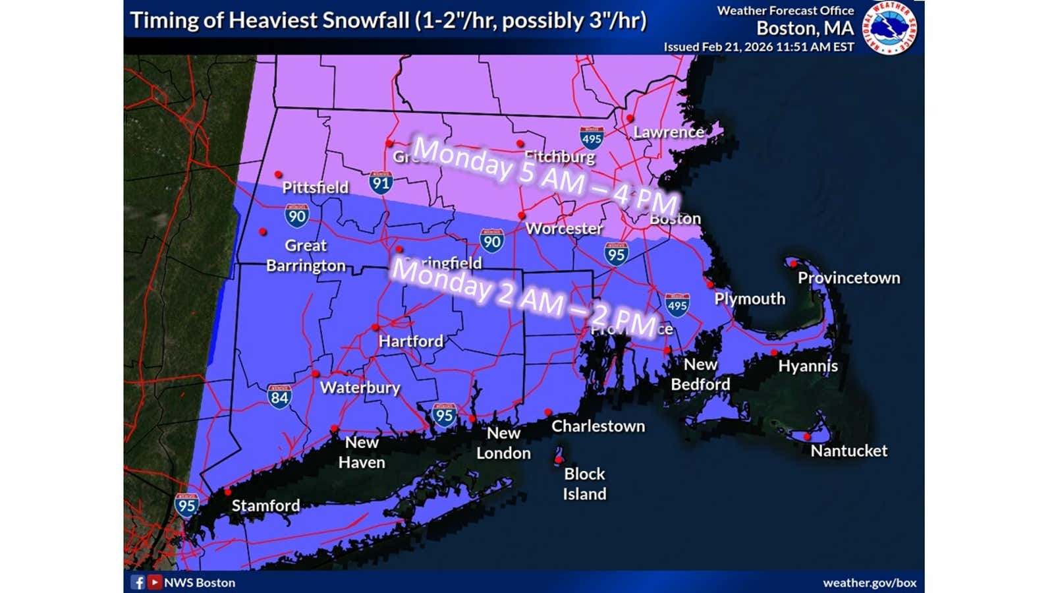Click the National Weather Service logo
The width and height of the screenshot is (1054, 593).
(890, 28)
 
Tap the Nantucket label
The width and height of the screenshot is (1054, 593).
(848, 451)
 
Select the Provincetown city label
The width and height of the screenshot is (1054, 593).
(848, 278)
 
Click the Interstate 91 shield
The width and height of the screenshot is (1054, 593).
(381, 182)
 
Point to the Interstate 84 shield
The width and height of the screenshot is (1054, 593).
(279, 397)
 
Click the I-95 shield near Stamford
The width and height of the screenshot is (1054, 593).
(186, 505)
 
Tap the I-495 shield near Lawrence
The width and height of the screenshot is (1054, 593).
(592, 138)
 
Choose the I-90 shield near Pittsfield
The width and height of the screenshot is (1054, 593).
(296, 215)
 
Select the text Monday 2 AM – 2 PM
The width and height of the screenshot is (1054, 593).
(524, 296)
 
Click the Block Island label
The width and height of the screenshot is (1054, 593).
(584, 484)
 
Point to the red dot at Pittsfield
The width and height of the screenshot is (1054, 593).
(279, 175)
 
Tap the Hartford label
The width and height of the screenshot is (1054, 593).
(410, 341)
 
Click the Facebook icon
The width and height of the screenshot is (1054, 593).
(138, 582)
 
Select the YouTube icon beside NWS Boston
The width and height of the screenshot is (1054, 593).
(154, 582)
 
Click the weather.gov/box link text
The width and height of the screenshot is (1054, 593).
(869, 583)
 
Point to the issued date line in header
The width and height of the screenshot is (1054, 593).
(758, 47)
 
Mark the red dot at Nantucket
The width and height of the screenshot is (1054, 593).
(807, 436)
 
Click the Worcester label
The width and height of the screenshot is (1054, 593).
(564, 229)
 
